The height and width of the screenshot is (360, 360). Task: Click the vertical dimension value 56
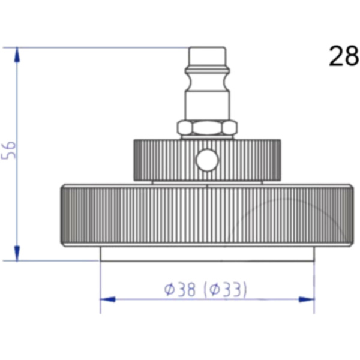[8, 150]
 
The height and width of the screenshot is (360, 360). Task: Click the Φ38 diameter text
[180, 289]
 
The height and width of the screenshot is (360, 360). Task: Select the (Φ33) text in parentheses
[225, 289]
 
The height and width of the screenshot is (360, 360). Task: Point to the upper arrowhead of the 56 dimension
[17, 55]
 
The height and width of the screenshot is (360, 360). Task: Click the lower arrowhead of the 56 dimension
[17, 253]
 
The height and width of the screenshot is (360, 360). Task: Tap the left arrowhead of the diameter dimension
[108, 299]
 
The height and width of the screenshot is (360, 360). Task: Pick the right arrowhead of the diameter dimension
[307, 299]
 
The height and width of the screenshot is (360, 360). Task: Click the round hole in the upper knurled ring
[207, 160]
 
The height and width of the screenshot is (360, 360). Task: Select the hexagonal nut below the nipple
[207, 128]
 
